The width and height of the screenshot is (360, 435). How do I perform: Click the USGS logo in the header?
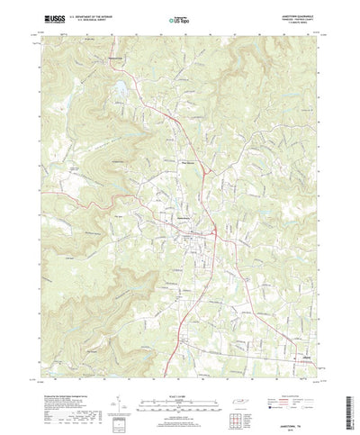43,17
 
